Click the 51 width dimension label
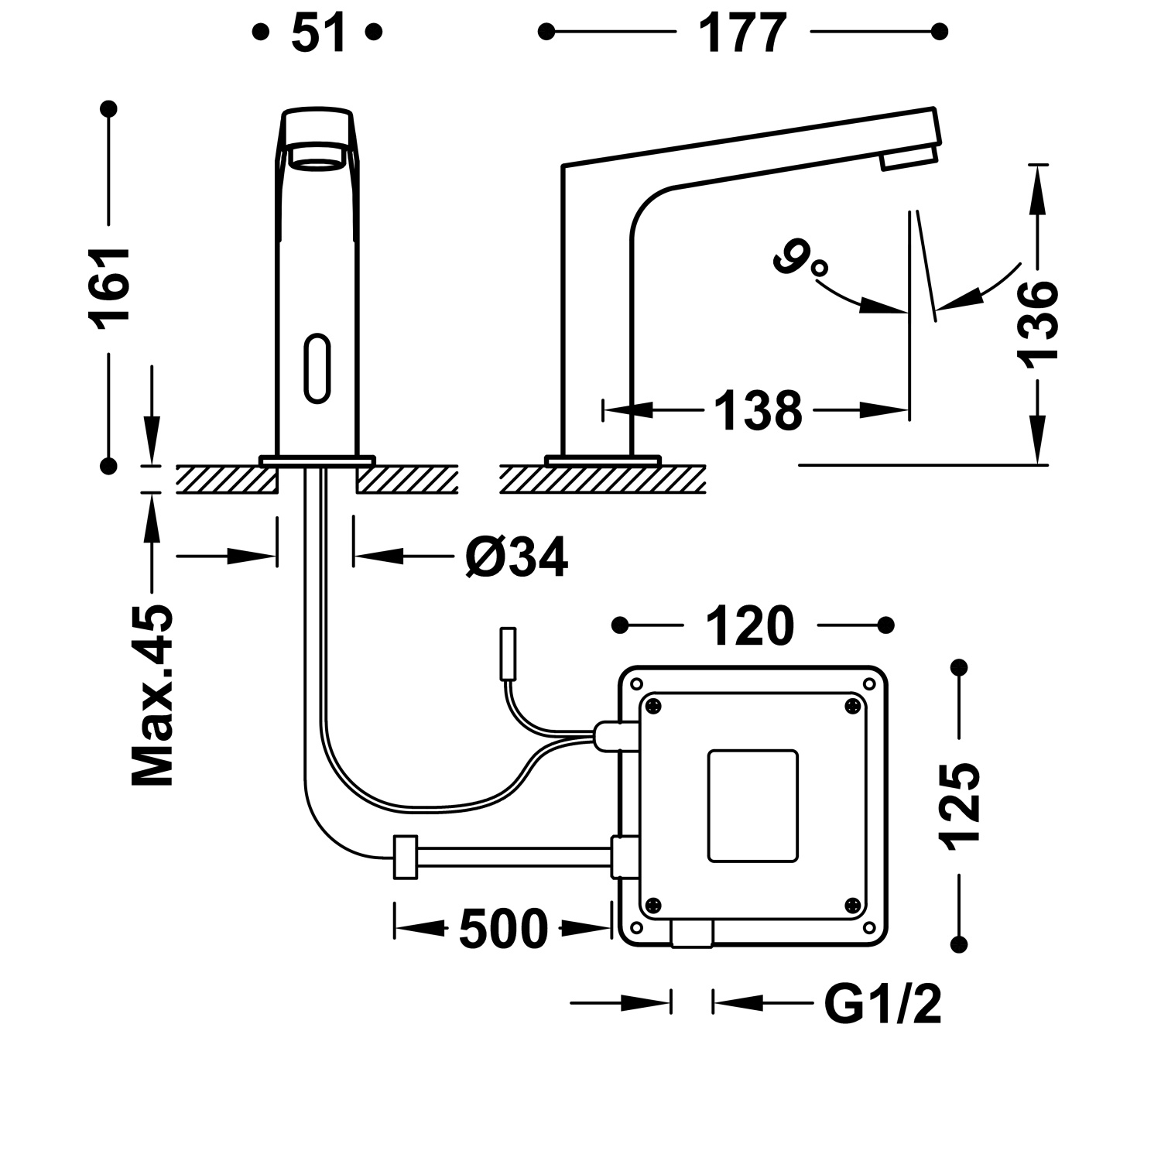point(318,33)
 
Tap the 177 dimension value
point(742,33)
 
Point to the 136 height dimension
point(1036,321)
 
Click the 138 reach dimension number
point(757,411)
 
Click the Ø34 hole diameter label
point(516,557)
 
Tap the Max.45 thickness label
point(152,694)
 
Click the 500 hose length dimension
point(503,929)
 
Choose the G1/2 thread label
point(882,1005)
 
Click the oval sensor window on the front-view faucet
point(317,368)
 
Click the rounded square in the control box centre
point(752,805)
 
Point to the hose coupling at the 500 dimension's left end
point(406,857)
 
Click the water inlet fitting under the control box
point(691,934)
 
